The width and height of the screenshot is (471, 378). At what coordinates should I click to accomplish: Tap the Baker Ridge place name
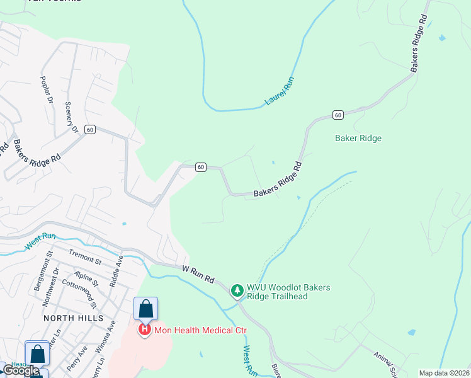click(x=358, y=138)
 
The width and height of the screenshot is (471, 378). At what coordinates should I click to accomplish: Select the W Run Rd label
click(x=198, y=273)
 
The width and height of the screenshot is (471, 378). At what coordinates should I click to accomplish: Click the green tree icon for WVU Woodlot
click(x=237, y=291)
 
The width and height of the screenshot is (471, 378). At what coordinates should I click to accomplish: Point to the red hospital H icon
click(x=145, y=329)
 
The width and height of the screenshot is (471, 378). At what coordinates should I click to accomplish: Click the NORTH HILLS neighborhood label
click(x=73, y=318)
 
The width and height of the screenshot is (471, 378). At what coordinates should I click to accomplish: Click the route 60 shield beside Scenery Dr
click(x=91, y=129)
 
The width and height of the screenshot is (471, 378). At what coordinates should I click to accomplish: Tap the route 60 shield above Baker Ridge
click(x=338, y=115)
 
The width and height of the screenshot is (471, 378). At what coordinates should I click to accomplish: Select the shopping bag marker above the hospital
click(x=145, y=309)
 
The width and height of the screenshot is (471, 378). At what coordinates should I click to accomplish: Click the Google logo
click(x=21, y=370)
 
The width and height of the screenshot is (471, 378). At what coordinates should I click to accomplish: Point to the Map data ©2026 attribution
click(x=444, y=373)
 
